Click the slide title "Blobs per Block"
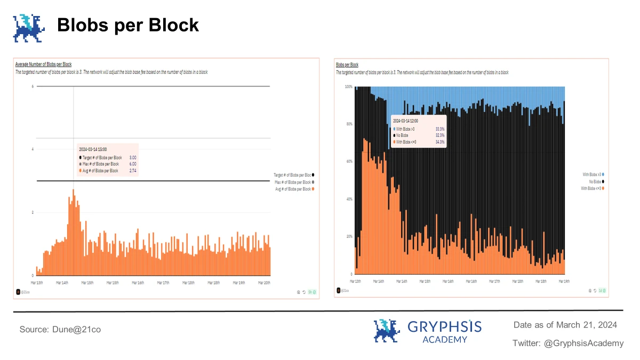click(128, 25)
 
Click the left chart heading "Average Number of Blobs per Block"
click(43, 65)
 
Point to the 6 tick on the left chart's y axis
click(33, 86)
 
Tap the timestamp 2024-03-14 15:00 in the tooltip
click(93, 149)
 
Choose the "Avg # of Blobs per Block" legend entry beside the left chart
click(294, 189)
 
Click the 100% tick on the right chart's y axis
click(349, 86)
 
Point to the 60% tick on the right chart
click(349, 161)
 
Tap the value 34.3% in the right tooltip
click(439, 142)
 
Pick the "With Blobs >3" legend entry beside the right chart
click(592, 174)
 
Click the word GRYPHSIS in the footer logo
click(444, 326)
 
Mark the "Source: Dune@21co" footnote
click(60, 330)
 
